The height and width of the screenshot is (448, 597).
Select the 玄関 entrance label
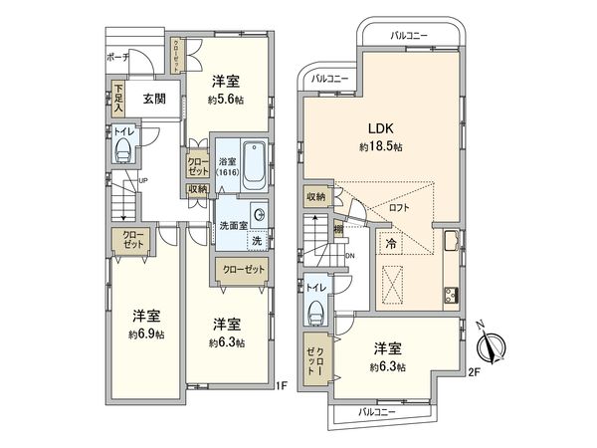153,98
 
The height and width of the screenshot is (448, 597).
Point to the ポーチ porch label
116,58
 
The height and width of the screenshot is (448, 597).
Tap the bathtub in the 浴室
254,164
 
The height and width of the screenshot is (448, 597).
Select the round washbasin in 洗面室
257,214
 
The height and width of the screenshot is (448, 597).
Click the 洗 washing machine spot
256,240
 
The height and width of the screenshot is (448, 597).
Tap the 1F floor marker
282,381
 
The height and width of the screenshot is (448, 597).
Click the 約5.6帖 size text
225,100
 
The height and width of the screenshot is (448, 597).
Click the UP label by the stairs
143,181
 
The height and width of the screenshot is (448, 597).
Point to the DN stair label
348,256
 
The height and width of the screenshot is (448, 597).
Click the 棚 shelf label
340,231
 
